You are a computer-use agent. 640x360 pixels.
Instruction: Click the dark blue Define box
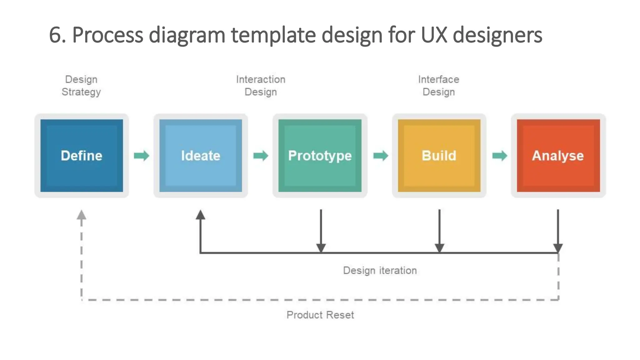coord(82,156)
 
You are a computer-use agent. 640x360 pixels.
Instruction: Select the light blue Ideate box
coord(201,156)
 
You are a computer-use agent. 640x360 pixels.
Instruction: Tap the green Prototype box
coord(320,156)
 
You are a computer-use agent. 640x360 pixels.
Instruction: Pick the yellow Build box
coord(439,156)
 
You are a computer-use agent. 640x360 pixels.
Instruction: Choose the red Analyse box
coord(558,156)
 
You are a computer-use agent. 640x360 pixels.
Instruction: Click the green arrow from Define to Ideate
coord(142,156)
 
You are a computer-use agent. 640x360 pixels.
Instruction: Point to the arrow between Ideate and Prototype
coord(261,156)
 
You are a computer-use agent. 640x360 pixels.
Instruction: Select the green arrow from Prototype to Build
coord(381,156)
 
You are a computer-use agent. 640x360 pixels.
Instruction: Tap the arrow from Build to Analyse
coord(500,156)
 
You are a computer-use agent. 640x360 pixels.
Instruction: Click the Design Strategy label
coord(81,86)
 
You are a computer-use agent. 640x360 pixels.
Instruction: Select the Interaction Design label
coord(261,86)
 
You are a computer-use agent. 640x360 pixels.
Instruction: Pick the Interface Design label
coord(439,86)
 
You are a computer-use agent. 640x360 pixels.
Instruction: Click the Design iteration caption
coord(380,270)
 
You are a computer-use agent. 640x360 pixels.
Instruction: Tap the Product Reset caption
coord(320,315)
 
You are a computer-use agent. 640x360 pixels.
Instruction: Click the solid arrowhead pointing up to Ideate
coord(201,215)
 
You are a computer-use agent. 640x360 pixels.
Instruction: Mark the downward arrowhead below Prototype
coord(321,248)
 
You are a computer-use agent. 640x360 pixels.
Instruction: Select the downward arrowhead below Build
coord(439,248)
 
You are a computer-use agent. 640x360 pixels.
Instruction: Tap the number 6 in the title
coord(55,35)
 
